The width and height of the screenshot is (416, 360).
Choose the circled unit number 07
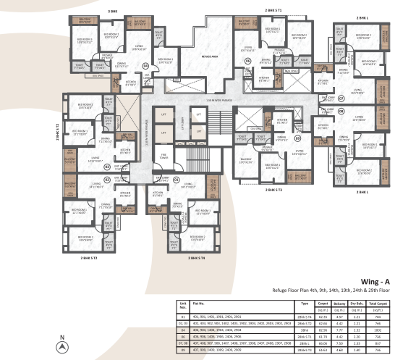341,98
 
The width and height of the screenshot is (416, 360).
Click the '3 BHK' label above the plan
112,12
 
